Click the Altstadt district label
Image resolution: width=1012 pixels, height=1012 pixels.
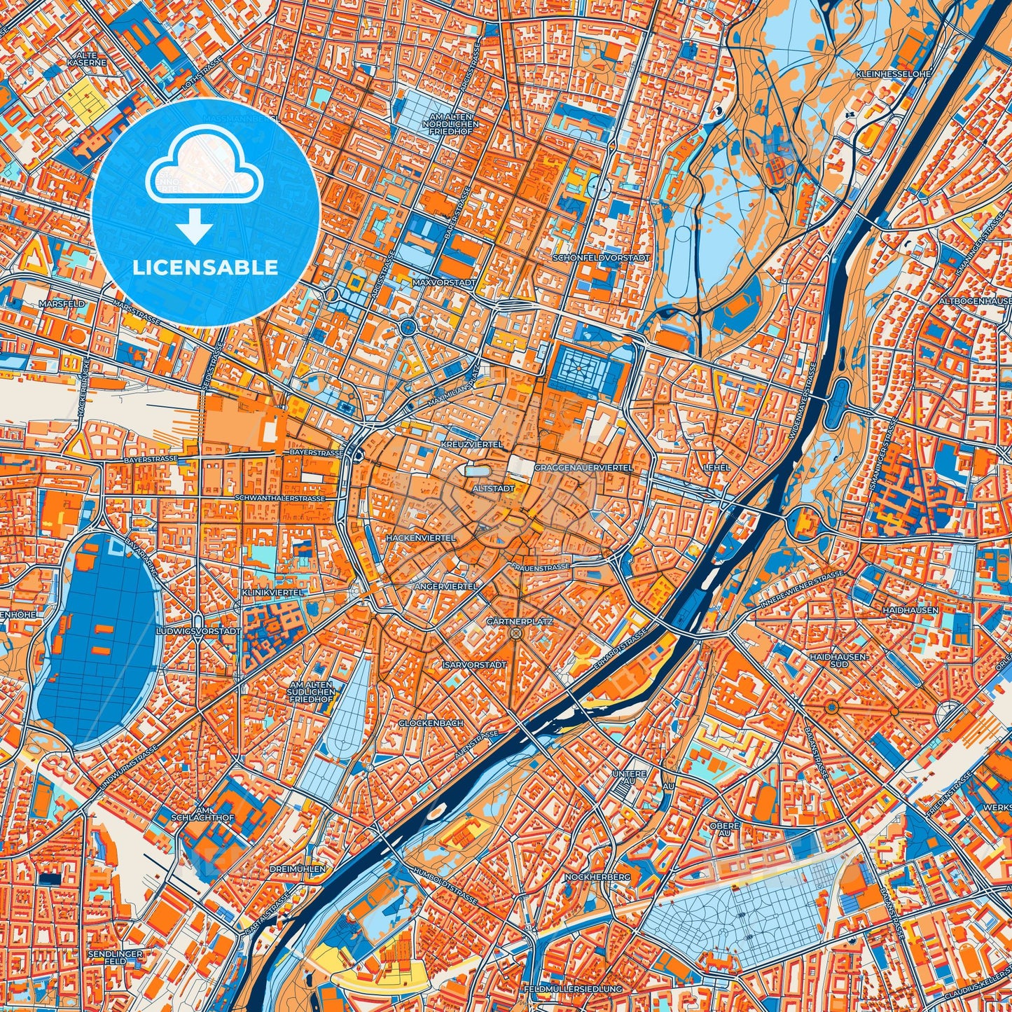coord(494,488)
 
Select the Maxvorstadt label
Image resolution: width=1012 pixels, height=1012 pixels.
coord(443,283)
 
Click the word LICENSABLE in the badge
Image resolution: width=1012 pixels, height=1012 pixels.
coord(205,268)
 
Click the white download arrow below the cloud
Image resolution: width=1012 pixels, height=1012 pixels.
coord(194,227)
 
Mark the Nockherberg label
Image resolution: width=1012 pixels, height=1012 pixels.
coord(597,877)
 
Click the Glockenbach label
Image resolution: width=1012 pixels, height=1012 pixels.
coord(431,723)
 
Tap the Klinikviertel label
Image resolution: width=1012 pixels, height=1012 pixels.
coord(273,592)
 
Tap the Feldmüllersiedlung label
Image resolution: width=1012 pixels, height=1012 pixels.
coord(572,989)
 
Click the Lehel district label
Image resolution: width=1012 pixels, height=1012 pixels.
coord(718,467)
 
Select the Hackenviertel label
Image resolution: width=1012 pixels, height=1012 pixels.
coord(420,538)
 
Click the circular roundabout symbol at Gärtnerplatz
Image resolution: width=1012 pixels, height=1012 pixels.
coord(517,634)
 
